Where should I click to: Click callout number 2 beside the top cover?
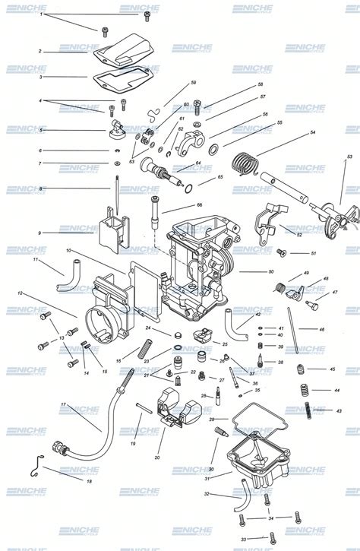[39, 52]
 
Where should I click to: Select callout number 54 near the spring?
[312, 132]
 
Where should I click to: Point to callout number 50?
[270, 271]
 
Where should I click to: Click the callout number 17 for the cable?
[63, 405]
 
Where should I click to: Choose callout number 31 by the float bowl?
[207, 478]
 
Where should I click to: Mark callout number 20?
[156, 458]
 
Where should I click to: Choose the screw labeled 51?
[281, 252]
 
